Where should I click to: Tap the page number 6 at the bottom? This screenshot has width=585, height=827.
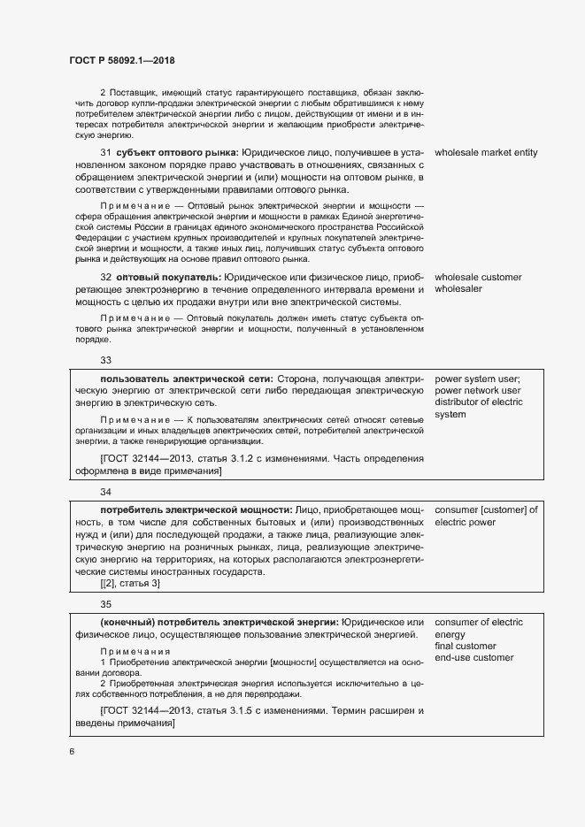click(72, 752)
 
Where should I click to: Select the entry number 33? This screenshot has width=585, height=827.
click(106, 360)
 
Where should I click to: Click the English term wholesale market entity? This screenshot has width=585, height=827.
click(486, 153)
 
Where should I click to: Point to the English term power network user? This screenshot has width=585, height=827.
click(478, 391)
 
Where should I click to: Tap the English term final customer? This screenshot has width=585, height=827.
click(466, 647)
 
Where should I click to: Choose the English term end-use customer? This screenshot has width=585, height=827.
click(473, 658)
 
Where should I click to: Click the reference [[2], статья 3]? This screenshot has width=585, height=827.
click(130, 584)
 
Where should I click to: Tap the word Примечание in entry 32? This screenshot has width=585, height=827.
click(134, 318)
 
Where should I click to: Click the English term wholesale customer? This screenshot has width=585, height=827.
click(478, 278)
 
